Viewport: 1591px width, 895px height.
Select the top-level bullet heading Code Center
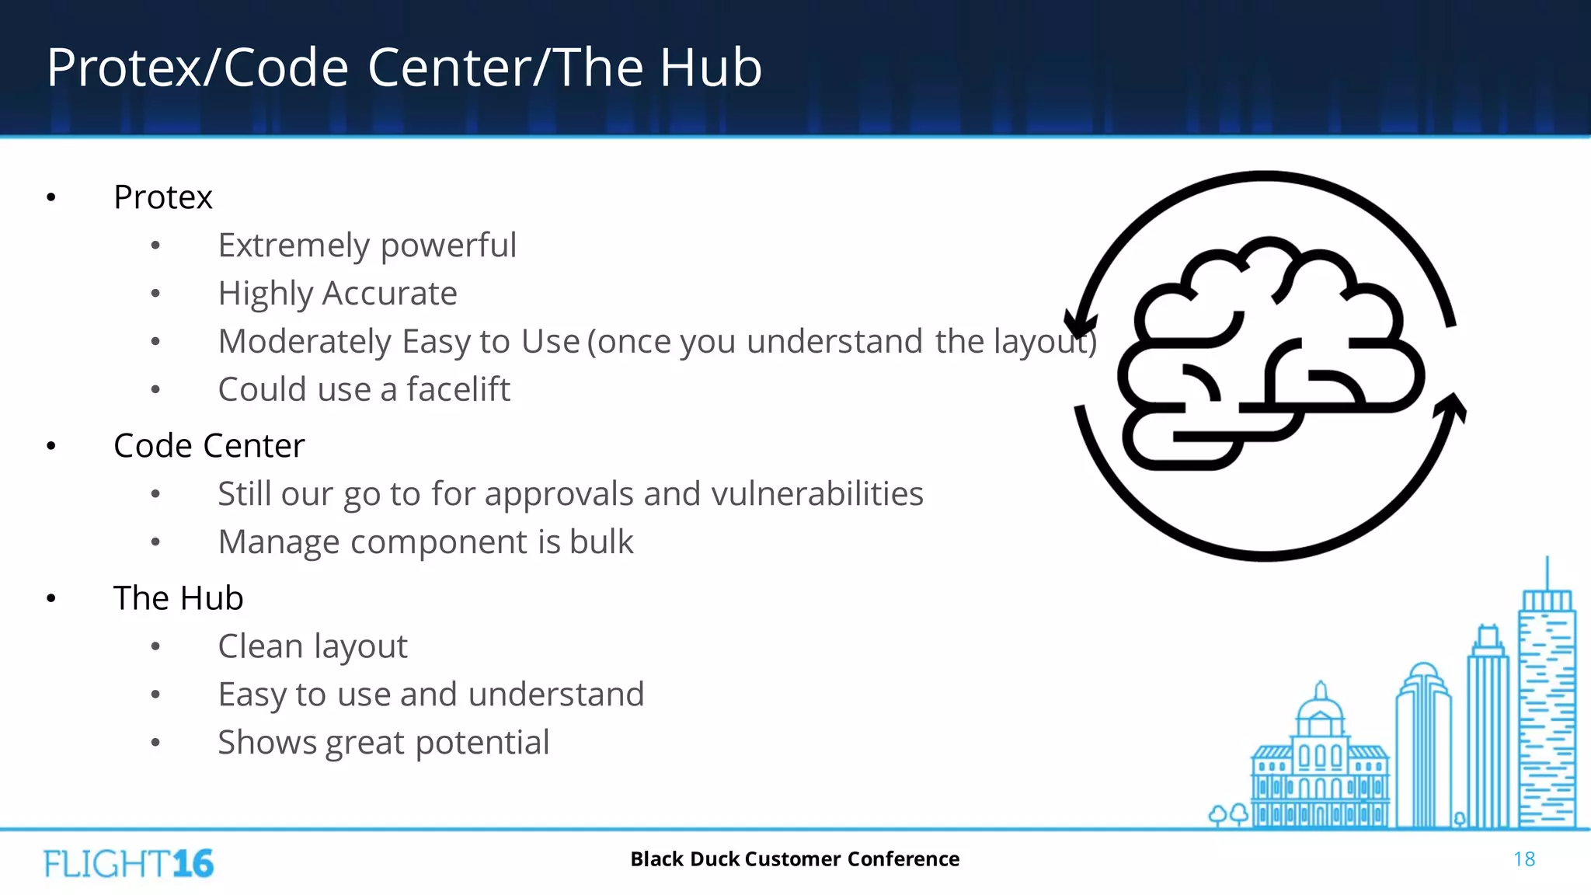click(209, 446)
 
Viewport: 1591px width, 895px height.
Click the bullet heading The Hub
click(178, 598)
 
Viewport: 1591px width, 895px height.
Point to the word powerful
click(448, 246)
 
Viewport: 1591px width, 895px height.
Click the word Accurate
click(389, 294)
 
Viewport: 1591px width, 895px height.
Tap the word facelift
click(458, 389)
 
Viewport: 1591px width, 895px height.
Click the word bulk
click(601, 542)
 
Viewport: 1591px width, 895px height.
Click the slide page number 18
click(1523, 859)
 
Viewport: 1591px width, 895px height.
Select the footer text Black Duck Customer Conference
click(795, 859)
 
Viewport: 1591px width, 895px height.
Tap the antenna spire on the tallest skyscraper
click(1547, 573)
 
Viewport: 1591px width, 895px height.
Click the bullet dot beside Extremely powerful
click(155, 246)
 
